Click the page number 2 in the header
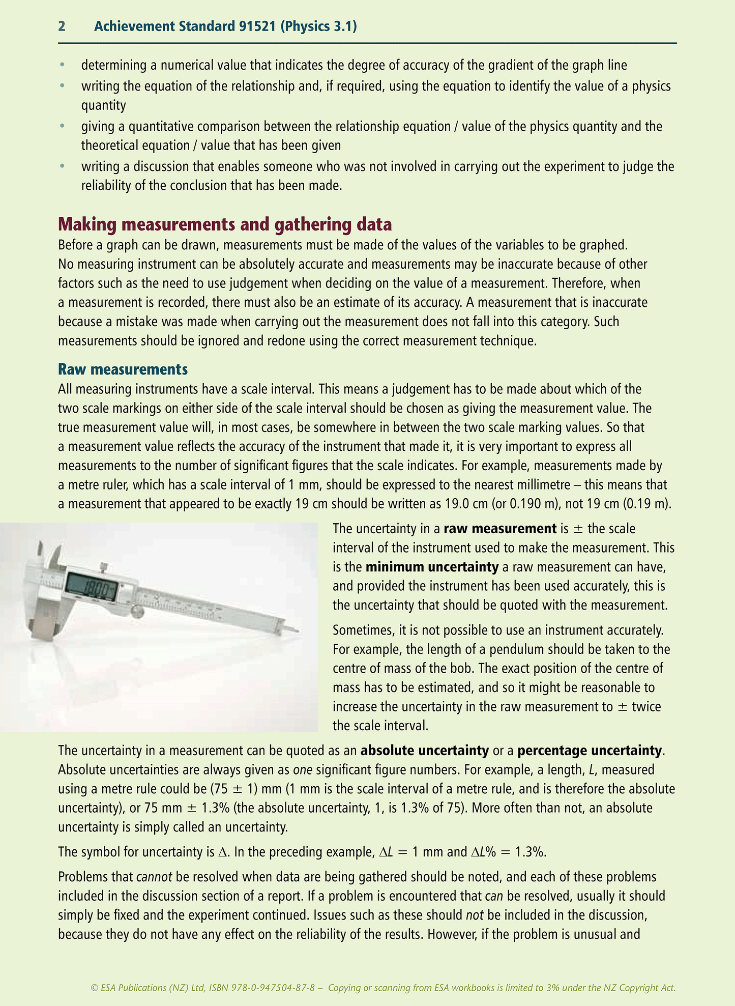click(62, 26)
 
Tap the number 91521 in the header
click(257, 26)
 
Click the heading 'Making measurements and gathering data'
click(225, 224)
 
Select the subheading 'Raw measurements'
click(123, 368)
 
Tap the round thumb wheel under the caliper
click(137, 610)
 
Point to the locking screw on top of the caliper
click(104, 567)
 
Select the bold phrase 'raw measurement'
click(499, 529)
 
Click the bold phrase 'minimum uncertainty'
click(431, 567)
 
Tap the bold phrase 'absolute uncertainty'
click(424, 751)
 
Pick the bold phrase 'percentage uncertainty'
click(590, 751)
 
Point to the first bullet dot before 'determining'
click(62, 65)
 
